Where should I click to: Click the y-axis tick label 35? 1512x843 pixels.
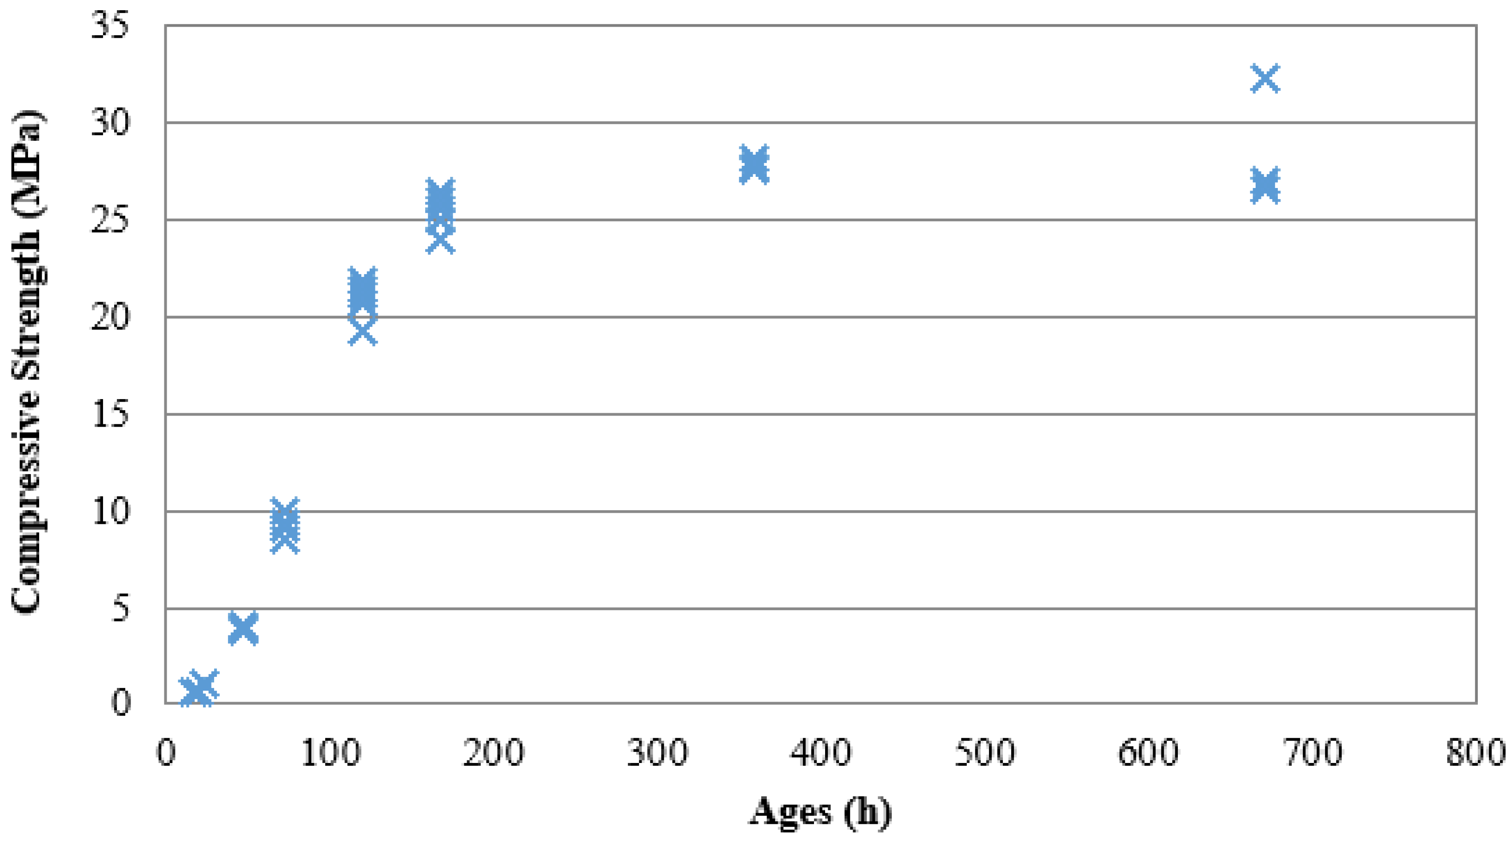pos(110,26)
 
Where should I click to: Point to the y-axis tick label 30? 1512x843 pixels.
pos(110,123)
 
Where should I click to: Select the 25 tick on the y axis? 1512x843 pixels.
pos(110,221)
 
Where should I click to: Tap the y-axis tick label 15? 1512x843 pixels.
pos(110,415)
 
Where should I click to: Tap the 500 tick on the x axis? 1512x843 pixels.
pos(984,753)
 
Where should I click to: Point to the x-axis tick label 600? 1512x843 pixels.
pos(1148,753)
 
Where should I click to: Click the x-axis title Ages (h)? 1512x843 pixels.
pos(820,812)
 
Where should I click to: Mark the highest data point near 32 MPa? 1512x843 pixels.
pos(1265,78)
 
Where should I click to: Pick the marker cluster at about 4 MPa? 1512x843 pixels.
pos(243,627)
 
